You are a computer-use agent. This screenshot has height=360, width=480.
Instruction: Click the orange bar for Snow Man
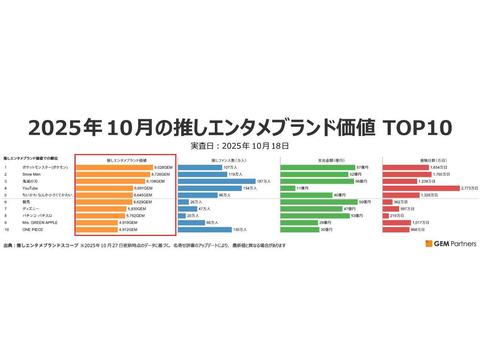113,174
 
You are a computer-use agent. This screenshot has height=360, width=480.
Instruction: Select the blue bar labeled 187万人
216,181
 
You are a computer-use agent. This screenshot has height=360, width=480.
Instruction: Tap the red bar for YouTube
421,188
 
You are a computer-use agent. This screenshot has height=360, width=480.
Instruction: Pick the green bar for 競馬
319,202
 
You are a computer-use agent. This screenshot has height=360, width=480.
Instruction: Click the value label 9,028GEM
163,168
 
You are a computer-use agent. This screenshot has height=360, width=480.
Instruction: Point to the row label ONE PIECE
33,230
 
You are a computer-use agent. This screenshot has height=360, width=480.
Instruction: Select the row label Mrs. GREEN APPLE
40,222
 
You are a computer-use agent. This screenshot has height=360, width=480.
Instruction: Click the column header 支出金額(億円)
331,160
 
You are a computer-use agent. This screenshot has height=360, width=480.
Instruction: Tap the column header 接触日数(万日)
433,160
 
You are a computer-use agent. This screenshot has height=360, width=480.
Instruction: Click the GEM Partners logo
451,244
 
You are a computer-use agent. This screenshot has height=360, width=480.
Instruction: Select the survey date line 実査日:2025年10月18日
240,146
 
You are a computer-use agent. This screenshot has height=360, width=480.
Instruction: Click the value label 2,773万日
469,188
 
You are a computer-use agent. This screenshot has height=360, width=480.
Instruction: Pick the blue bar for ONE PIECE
205,230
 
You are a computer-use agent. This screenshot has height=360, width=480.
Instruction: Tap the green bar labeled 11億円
288,188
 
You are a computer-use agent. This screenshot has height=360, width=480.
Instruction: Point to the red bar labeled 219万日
386,216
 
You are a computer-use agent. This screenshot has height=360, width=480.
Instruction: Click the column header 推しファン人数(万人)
228,160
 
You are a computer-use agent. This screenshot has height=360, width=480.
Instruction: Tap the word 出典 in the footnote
8,246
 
